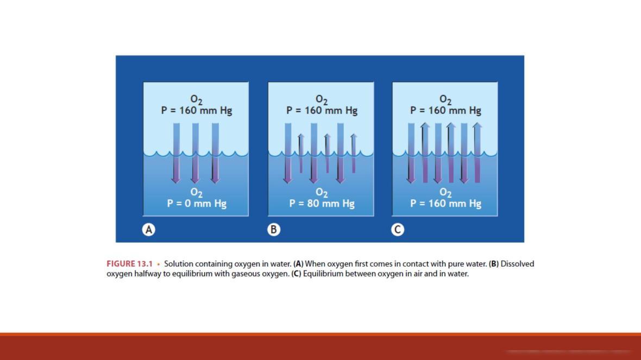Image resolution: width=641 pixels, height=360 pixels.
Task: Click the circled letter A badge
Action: (x=149, y=230)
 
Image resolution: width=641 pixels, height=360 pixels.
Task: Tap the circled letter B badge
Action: (x=273, y=230)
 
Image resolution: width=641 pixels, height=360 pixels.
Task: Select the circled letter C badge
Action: (x=397, y=230)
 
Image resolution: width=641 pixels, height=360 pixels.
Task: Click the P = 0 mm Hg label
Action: (x=197, y=204)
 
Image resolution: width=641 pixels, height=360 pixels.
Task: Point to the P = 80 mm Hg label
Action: (x=322, y=204)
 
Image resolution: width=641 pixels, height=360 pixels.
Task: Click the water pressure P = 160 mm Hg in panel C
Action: (x=445, y=204)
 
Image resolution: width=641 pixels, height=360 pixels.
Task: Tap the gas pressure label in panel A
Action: (x=197, y=110)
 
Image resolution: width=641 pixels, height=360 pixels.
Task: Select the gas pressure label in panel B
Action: (x=322, y=110)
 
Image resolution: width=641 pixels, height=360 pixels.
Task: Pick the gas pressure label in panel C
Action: (x=445, y=110)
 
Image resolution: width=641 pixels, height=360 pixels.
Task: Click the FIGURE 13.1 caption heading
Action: (x=130, y=264)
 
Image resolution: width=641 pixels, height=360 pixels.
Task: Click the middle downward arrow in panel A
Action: (x=196, y=153)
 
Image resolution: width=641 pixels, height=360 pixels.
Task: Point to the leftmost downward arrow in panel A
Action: (x=176, y=153)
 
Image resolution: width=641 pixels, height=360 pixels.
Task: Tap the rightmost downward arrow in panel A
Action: (x=215, y=153)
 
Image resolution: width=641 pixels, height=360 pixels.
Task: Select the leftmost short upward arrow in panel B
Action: (x=301, y=153)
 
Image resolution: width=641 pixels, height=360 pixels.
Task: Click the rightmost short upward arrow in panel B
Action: (x=354, y=153)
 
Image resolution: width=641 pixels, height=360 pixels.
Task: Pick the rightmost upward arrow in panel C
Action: (x=477, y=153)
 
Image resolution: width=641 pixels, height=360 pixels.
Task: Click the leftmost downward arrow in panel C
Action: (x=411, y=153)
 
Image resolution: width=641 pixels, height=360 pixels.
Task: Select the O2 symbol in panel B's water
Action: (x=322, y=192)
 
